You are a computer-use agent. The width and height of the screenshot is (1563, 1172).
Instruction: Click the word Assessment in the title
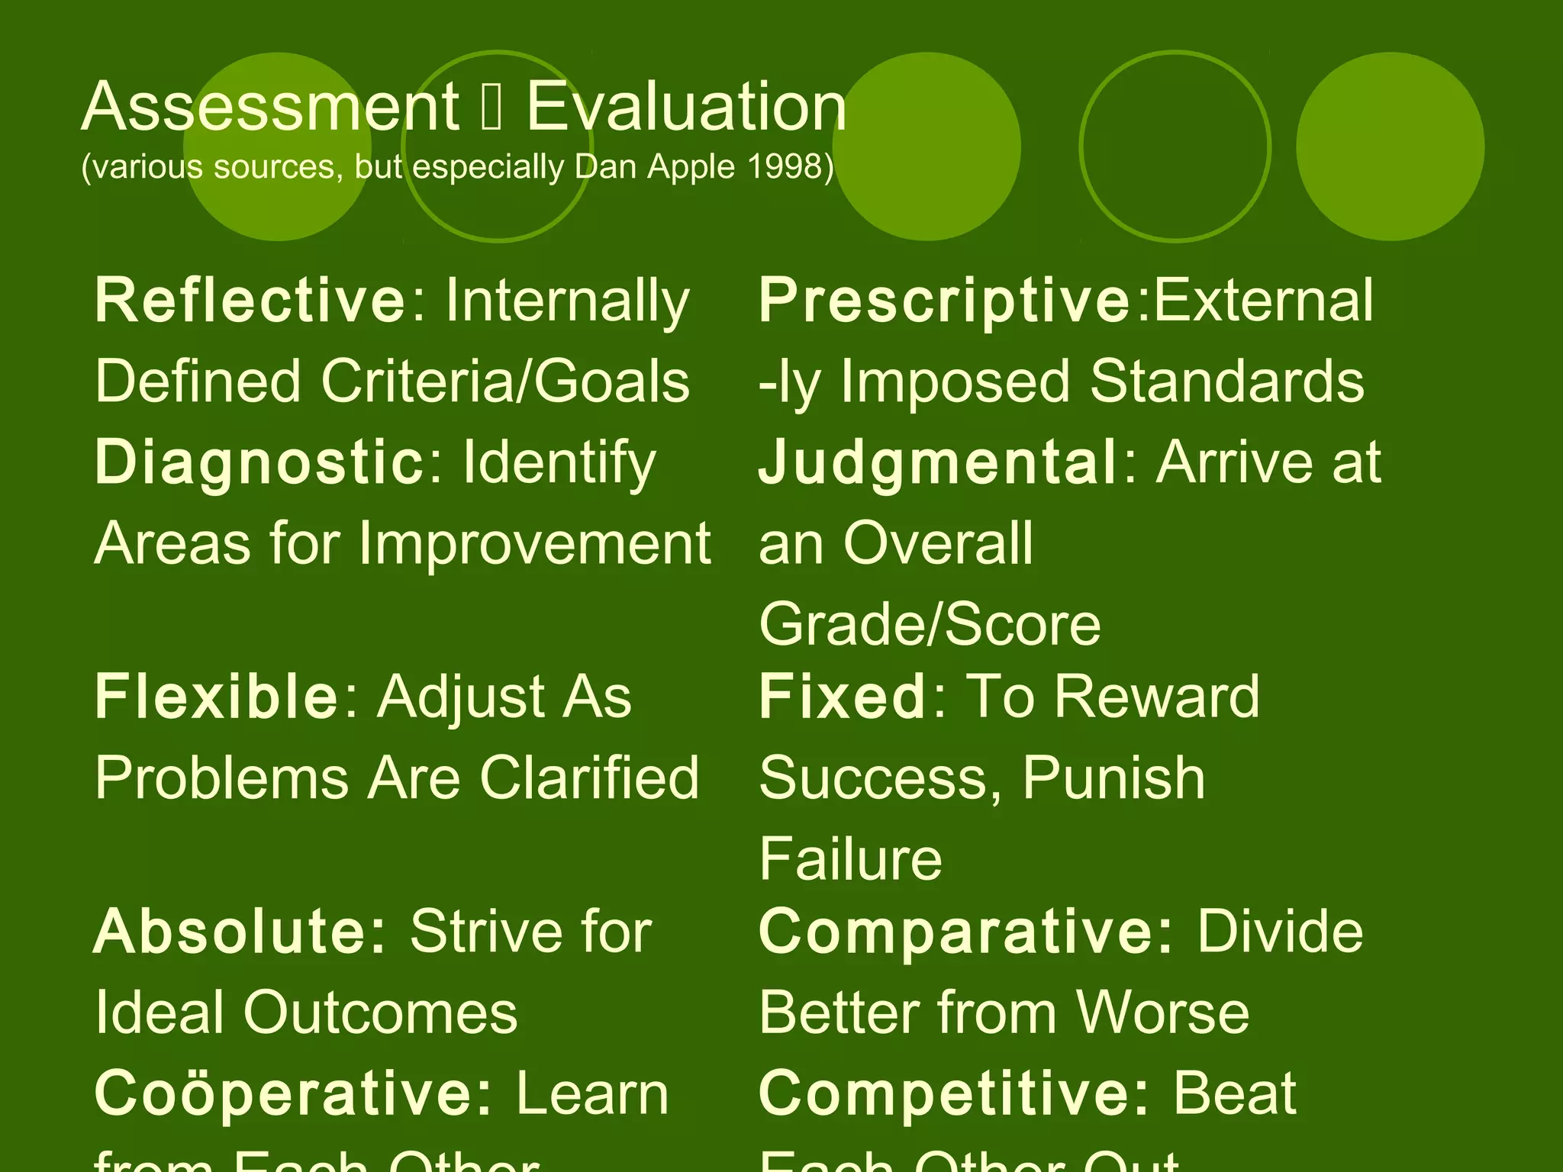pyautogui.click(x=270, y=107)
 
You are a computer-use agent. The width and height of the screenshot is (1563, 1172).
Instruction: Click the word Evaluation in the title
pyautogui.click(x=687, y=107)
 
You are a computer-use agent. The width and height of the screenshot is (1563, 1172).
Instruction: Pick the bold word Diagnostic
pyautogui.click(x=259, y=462)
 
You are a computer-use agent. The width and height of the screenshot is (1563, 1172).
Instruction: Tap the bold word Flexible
pyautogui.click(x=216, y=697)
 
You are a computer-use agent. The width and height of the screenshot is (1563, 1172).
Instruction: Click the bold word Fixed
pyautogui.click(x=843, y=697)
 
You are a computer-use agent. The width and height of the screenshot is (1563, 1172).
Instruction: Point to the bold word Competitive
pyautogui.click(x=953, y=1093)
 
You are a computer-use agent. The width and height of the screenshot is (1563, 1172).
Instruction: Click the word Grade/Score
pyautogui.click(x=930, y=625)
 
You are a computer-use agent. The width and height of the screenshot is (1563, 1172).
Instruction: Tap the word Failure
pyautogui.click(x=850, y=860)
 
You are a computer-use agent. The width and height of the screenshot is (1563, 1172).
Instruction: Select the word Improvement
pyautogui.click(x=534, y=543)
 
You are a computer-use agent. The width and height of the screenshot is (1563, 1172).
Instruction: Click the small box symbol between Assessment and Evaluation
pyautogui.click(x=492, y=108)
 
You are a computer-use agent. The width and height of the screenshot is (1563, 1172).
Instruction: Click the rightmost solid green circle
pyautogui.click(x=1390, y=146)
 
